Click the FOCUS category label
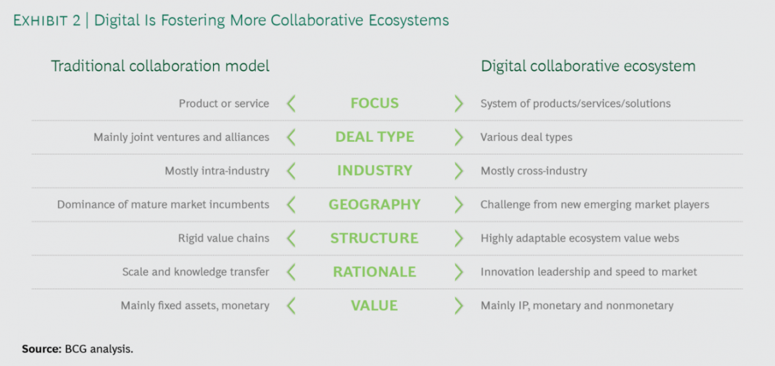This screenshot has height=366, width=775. pyautogui.click(x=375, y=103)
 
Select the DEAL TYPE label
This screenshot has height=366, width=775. pyautogui.click(x=375, y=137)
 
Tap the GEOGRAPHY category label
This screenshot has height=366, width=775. pyautogui.click(x=375, y=205)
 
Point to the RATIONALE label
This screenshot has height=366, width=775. pyautogui.click(x=375, y=272)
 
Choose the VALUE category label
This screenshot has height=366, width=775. pyautogui.click(x=375, y=305)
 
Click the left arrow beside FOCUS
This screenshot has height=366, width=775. pyautogui.click(x=291, y=103)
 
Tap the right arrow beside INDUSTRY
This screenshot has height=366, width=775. pyautogui.click(x=459, y=171)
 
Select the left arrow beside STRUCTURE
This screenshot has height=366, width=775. pyautogui.click(x=291, y=238)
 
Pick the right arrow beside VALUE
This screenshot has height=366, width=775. pyautogui.click(x=459, y=306)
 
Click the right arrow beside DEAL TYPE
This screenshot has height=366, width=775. pyautogui.click(x=459, y=137)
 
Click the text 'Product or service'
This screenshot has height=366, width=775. pyautogui.click(x=224, y=103)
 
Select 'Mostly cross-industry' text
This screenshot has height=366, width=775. pyautogui.click(x=534, y=171)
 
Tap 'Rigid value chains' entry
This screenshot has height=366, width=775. pyautogui.click(x=223, y=238)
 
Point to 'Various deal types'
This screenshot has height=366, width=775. pyautogui.click(x=526, y=137)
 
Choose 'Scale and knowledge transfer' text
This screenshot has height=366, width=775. pyautogui.click(x=196, y=272)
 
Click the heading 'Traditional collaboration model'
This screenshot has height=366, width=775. pyautogui.click(x=160, y=66)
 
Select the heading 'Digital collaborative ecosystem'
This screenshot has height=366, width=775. pyautogui.click(x=588, y=66)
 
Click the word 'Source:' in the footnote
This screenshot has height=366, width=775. pyautogui.click(x=41, y=349)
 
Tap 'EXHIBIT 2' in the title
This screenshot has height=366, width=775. pyautogui.click(x=46, y=21)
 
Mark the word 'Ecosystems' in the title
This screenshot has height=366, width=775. pyautogui.click(x=409, y=21)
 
